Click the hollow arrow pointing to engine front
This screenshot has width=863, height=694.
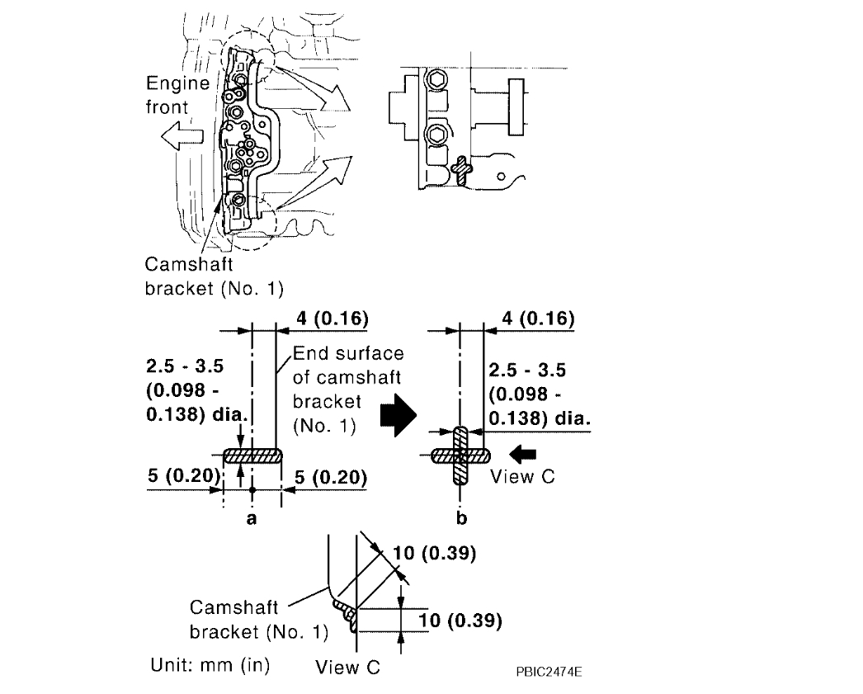[x=183, y=140]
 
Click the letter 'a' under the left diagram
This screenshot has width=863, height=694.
[x=252, y=518]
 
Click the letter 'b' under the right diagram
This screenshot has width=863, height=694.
[x=460, y=518]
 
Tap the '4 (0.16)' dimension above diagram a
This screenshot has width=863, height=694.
[x=323, y=319]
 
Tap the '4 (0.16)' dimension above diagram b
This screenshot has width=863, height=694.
[x=531, y=319]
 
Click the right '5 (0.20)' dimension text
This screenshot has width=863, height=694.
[x=327, y=476]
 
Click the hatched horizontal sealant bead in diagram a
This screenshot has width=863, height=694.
[x=252, y=455]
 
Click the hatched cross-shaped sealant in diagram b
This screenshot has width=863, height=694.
[x=461, y=455]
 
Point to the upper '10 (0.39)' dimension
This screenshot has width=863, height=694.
[x=434, y=554]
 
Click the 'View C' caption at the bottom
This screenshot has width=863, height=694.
[x=347, y=668]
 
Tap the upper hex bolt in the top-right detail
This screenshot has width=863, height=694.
[x=435, y=82]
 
